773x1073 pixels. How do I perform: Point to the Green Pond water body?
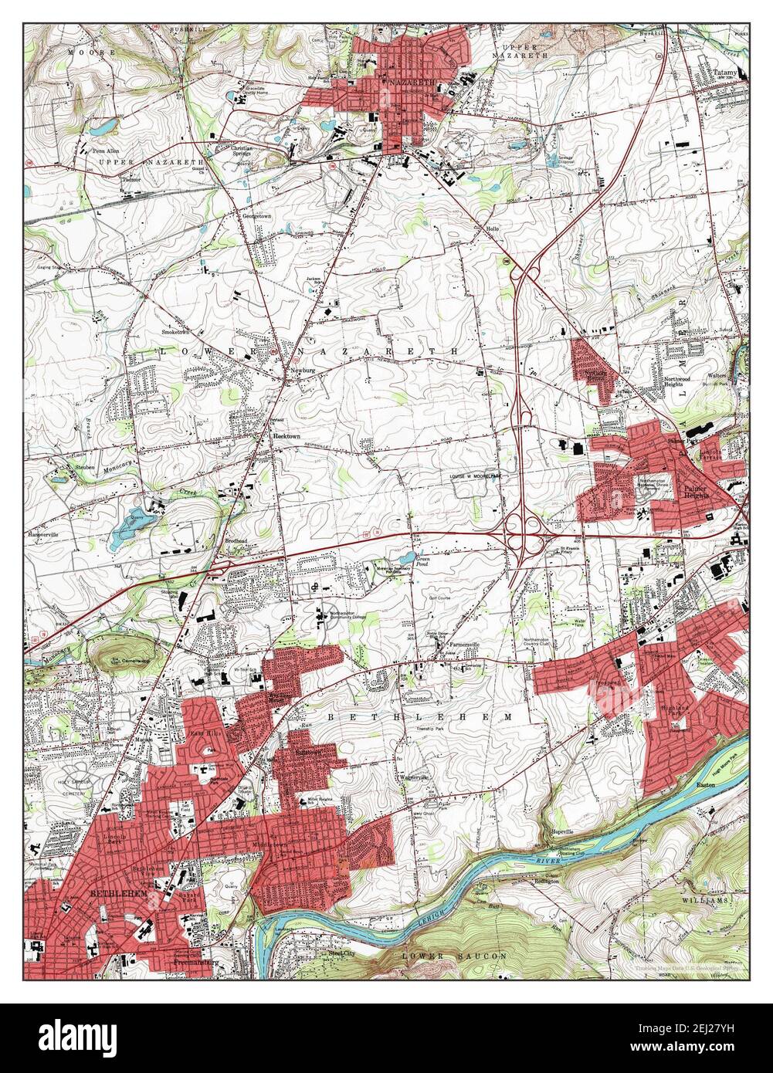coord(406,557)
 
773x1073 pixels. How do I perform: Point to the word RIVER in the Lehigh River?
coord(545,859)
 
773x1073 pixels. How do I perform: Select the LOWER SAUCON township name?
coord(455,956)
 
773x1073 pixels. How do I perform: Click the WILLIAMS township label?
coord(704,901)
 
